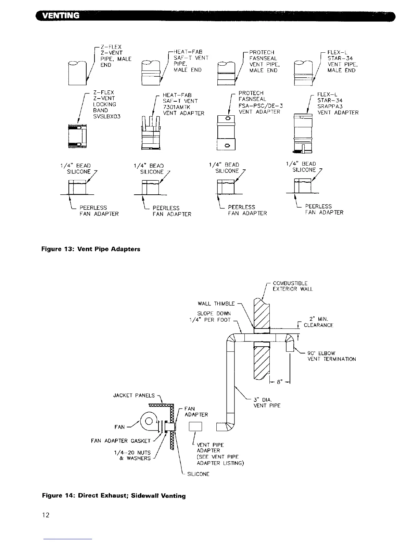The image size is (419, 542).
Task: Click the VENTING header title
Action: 60,15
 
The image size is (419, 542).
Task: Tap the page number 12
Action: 46,515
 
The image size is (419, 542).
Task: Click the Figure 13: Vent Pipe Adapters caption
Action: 91,249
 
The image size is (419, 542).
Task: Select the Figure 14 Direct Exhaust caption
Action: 114,495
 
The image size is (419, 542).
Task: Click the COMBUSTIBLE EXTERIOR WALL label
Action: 292,286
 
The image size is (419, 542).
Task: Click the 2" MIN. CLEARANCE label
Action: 318,322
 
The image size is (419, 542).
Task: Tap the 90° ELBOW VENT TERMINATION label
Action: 331,356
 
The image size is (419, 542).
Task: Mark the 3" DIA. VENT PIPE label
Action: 267,402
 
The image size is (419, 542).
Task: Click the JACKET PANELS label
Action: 134,396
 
